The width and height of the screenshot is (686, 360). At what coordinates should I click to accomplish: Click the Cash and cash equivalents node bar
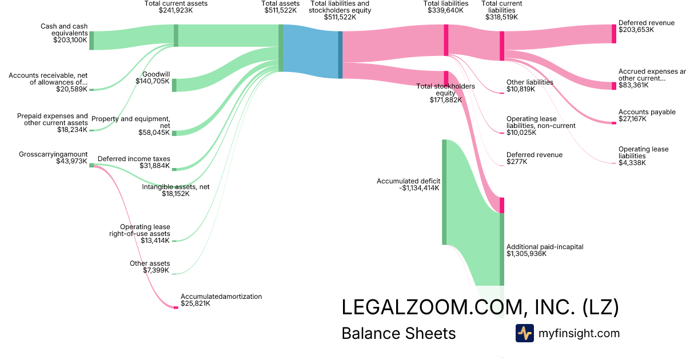pyautogui.click(x=91, y=41)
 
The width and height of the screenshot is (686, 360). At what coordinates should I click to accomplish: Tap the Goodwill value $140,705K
pyautogui.click(x=153, y=81)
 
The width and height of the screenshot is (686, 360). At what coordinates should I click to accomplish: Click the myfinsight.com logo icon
pyautogui.click(x=524, y=333)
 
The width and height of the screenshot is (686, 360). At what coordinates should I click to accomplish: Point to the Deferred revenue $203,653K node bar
pyautogui.click(x=614, y=34)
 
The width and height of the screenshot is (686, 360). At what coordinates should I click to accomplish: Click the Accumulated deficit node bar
pyautogui.click(x=444, y=191)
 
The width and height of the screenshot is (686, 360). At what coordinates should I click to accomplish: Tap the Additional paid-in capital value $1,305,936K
pyautogui.click(x=527, y=254)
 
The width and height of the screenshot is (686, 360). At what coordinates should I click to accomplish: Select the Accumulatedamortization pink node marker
pyautogui.click(x=176, y=307)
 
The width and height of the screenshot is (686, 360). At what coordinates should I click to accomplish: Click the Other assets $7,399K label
pyautogui.click(x=150, y=267)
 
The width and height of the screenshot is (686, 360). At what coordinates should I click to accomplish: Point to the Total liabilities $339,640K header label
pyautogui.click(x=446, y=7)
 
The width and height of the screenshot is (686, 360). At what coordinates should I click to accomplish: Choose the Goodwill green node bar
pyautogui.click(x=174, y=85)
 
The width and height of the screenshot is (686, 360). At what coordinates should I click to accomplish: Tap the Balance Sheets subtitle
pyautogui.click(x=398, y=333)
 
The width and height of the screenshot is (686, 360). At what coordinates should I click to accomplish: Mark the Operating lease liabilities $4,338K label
pyautogui.click(x=643, y=156)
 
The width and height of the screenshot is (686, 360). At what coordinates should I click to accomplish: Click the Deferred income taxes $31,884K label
pyautogui.click(x=134, y=162)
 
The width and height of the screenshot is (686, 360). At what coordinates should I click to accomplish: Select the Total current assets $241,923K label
pyautogui.click(x=176, y=7)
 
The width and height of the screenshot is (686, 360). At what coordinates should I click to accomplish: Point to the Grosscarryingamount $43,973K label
pyautogui.click(x=53, y=158)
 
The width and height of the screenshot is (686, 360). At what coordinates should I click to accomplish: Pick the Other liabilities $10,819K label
pyautogui.click(x=529, y=86)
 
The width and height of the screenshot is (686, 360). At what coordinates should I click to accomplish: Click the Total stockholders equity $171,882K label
pyautogui.click(x=445, y=93)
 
